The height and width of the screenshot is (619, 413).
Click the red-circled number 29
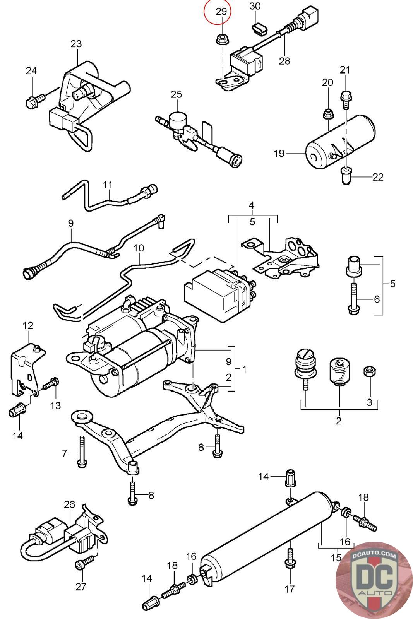[221, 12]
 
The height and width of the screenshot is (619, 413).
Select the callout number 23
[76, 43]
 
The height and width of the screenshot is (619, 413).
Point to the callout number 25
[176, 94]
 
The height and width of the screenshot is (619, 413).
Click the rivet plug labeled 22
[346, 176]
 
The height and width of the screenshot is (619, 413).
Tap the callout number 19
[279, 153]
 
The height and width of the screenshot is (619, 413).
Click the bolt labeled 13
[51, 384]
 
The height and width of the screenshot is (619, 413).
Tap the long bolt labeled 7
[81, 451]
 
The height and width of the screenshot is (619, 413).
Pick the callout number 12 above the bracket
[28, 325]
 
